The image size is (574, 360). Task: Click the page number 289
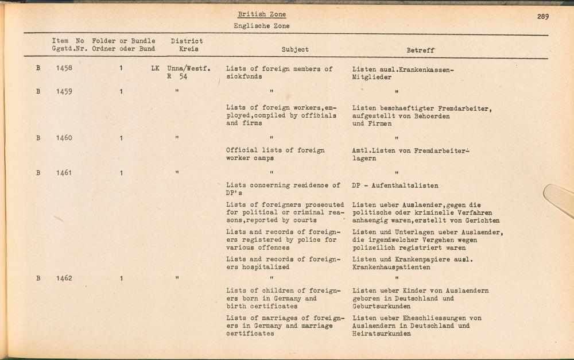tap(542, 17)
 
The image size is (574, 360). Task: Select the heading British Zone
tap(261, 14)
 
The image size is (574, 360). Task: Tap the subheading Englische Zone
tap(261, 26)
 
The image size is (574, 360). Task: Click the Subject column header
tap(295, 50)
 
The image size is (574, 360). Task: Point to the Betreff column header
tap(421, 50)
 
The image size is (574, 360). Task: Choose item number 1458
tap(64, 68)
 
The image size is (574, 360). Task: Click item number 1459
tap(64, 91)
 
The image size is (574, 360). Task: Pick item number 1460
tap(64, 138)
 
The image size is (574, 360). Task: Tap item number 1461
tap(64, 173)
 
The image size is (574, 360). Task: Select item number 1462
tap(64, 278)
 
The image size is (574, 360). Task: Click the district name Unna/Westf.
tap(189, 68)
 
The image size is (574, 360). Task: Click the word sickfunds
tap(244, 76)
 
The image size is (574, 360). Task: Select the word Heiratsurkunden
tap(382, 334)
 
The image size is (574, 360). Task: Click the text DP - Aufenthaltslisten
tap(395, 185)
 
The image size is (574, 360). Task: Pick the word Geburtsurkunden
tap(382, 306)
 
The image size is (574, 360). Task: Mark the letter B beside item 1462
tap(38, 278)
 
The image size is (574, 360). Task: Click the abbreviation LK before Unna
tap(155, 68)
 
